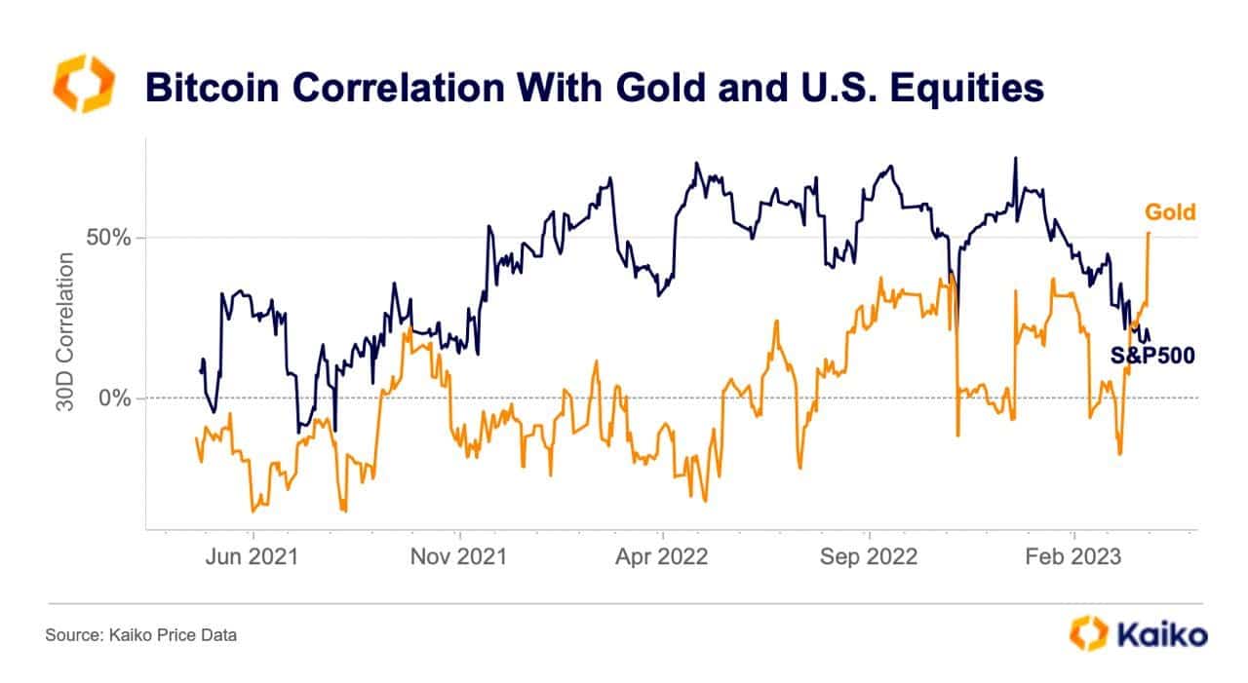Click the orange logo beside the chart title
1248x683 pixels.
coord(83,84)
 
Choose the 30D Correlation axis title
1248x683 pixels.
coord(65,332)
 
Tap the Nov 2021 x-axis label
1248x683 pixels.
coord(459,556)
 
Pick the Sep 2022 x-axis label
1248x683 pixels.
coord(869,556)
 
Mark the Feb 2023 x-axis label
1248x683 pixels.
coord(1073,556)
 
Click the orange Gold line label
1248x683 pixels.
coord(1169,212)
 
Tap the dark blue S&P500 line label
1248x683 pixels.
coord(1153,356)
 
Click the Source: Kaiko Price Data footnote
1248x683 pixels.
coord(140,635)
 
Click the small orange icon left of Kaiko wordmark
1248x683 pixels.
coord(1088,633)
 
